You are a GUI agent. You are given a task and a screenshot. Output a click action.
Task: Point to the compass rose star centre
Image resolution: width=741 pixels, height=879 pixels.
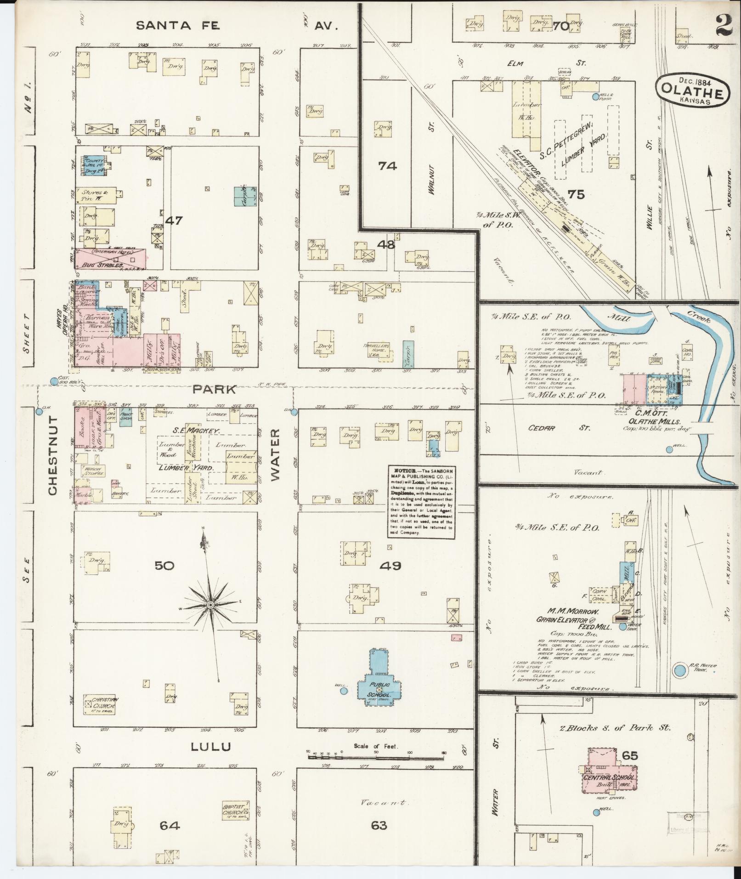(210, 605)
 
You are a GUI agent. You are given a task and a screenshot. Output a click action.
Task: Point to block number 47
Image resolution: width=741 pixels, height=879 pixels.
(174, 221)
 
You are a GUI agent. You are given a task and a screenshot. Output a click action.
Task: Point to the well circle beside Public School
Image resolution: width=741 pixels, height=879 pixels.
(343, 690)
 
